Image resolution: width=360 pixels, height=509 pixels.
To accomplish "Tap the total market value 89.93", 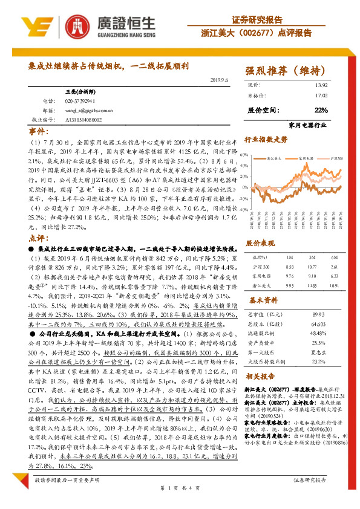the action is point(318,315).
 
